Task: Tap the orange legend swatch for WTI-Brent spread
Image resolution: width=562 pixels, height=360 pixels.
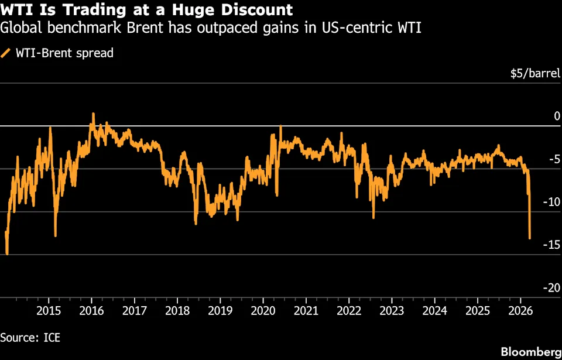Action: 6,53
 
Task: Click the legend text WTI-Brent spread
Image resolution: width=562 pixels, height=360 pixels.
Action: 64,53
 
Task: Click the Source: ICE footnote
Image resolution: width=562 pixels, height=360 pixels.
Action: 30,337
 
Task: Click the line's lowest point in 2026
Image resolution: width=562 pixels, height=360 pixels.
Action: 530,238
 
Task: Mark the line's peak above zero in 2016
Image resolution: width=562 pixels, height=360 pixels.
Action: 93,115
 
